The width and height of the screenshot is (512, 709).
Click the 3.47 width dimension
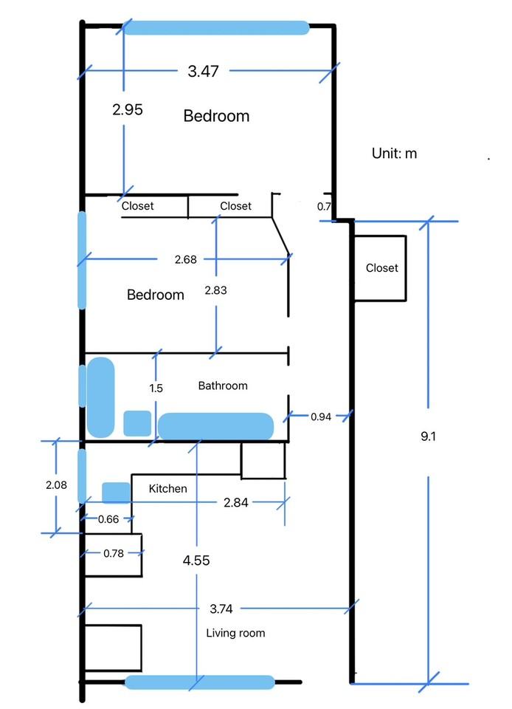coord(203,72)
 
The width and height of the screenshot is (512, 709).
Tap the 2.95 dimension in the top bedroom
coord(127,109)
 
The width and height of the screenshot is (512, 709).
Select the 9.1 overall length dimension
coord(429,436)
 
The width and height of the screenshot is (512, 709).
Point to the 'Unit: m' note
coord(394,154)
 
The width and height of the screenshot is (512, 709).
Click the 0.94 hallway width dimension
coord(320,417)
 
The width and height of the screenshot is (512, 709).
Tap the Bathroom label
coord(223,386)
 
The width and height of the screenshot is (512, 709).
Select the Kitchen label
coord(167,488)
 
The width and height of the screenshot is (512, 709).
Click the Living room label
coord(235,633)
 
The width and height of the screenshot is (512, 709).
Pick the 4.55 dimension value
coord(196,561)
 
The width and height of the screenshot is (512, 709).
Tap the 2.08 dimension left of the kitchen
coord(56,485)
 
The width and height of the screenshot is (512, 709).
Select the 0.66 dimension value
coord(108,518)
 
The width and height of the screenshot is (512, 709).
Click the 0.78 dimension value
coord(114,553)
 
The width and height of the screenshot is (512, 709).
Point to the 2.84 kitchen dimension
coord(235,503)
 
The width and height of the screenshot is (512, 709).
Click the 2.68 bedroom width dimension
coord(185,259)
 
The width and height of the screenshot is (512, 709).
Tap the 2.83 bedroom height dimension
coord(215,290)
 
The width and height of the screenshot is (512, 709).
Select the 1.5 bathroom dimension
coord(156,388)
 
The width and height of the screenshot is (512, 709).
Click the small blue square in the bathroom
coord(137,422)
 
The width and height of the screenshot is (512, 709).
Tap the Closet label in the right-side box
coord(381,268)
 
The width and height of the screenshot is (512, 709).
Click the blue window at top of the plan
coord(215,28)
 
